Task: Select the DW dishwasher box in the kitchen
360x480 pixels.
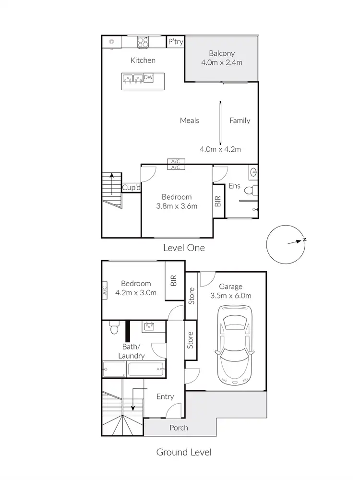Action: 148,78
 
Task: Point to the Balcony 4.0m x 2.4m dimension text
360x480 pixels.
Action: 221,62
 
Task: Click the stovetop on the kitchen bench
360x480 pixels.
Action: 144,42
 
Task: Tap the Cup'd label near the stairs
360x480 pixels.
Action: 131,188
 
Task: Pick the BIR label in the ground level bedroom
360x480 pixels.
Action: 174,280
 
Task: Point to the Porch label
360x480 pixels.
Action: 179,428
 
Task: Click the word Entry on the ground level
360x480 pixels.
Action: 165,396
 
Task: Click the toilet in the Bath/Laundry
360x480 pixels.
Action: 113,328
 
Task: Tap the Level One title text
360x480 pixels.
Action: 184,248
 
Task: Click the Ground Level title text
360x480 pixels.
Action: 184,452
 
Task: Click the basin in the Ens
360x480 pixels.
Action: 254,172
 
